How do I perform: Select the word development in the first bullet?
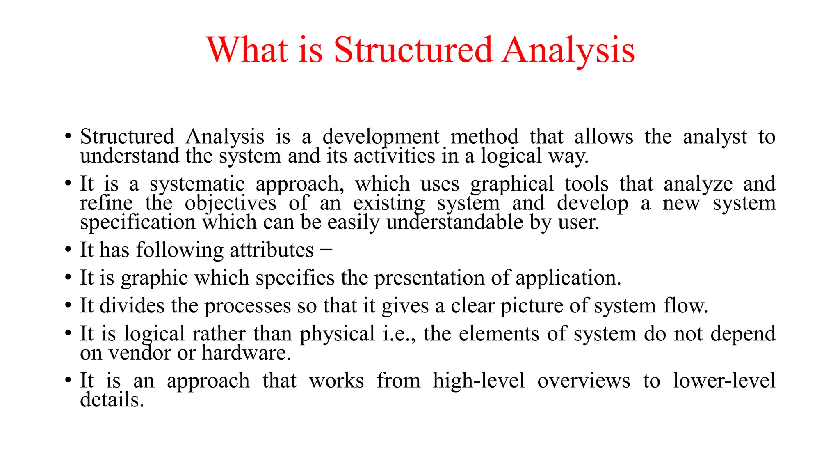click(381, 137)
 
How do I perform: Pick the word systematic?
click(197, 184)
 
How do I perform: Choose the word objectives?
click(231, 203)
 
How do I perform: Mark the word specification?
click(138, 223)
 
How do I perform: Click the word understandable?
click(454, 223)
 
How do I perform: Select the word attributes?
click(272, 250)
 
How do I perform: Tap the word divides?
click(132, 306)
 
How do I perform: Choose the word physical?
click(337, 334)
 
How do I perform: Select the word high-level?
click(479, 381)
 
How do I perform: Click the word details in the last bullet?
click(112, 400)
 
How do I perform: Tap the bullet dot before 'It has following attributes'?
click(68, 250)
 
